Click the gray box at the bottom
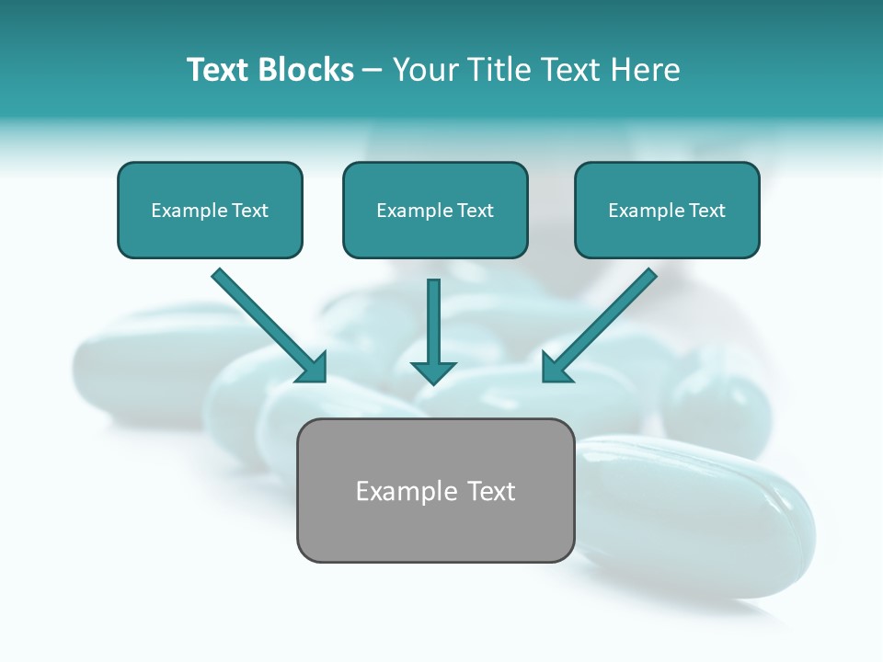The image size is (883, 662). [435, 529]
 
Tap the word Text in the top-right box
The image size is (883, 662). [707, 211]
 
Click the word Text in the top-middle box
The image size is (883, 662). [476, 211]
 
